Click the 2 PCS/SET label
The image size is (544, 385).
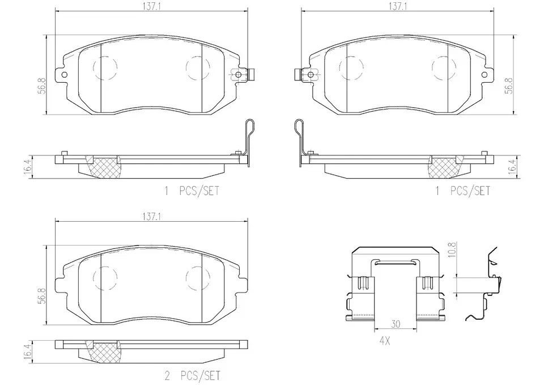[x=192, y=375]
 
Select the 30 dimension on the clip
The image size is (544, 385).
[x=396, y=324]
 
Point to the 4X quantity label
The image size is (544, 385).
[x=384, y=341]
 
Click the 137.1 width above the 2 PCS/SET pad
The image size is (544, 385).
[x=152, y=217]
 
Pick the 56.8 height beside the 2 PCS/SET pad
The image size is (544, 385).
[x=41, y=296]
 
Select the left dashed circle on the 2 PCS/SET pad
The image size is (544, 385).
[x=105, y=277]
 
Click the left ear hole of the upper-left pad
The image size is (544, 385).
[x=64, y=74]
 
